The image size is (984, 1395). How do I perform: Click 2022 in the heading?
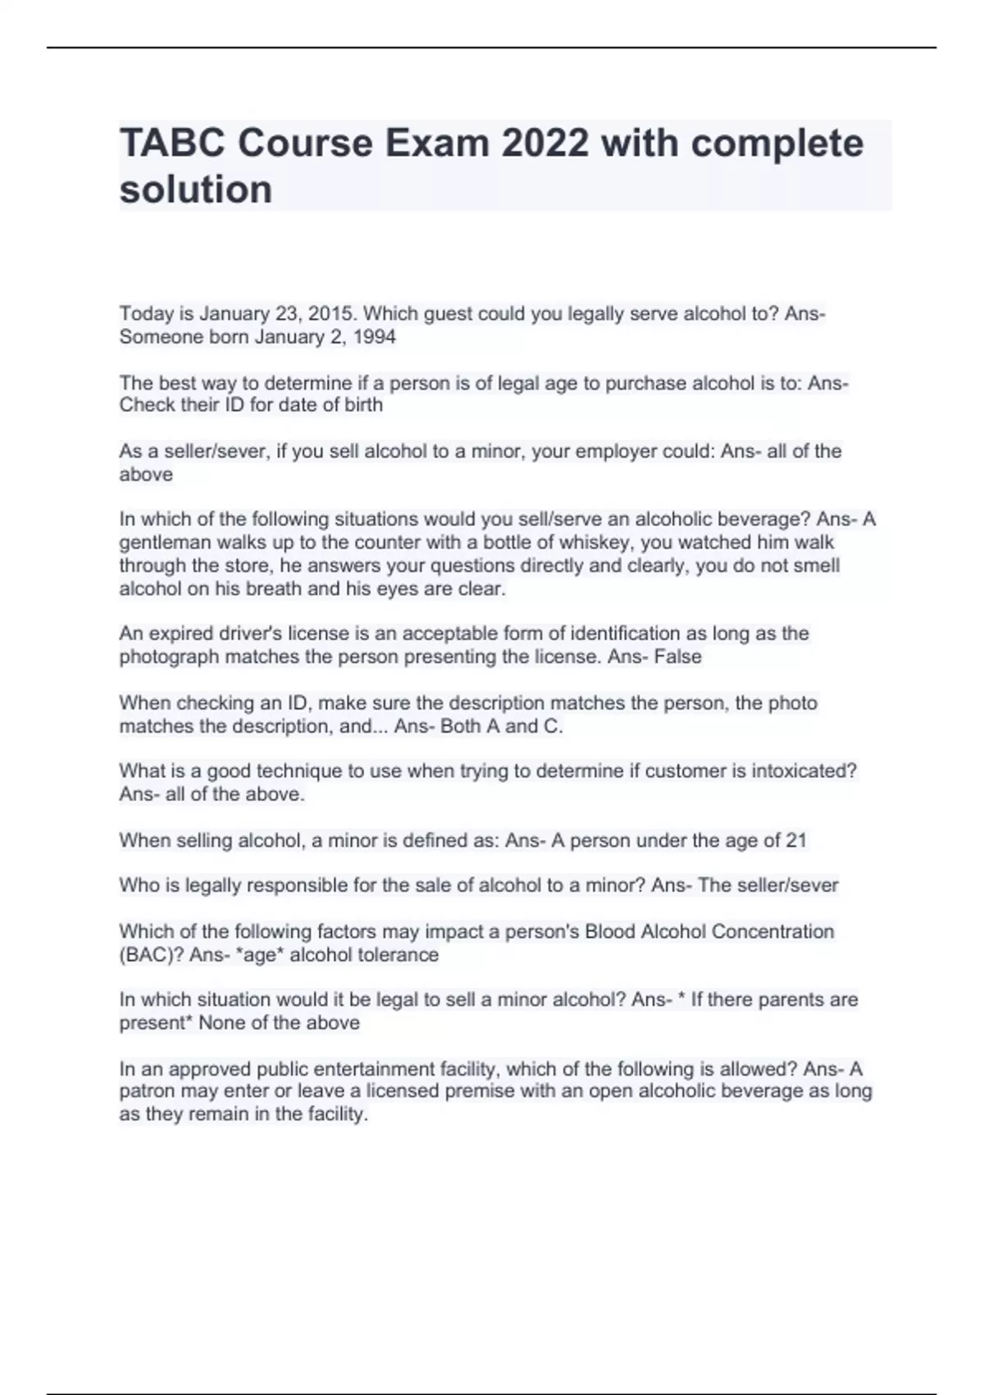[x=544, y=144]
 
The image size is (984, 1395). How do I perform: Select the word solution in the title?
[x=196, y=190]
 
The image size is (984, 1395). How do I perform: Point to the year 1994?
[x=374, y=336]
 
